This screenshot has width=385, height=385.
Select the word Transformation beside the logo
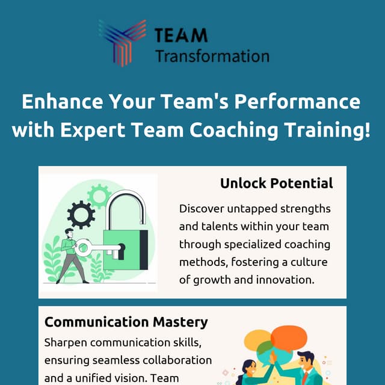212,57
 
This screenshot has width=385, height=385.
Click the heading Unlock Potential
276,183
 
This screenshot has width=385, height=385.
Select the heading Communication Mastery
126,322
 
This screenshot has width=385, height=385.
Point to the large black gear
81,215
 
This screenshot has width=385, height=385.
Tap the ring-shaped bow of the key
84,247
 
